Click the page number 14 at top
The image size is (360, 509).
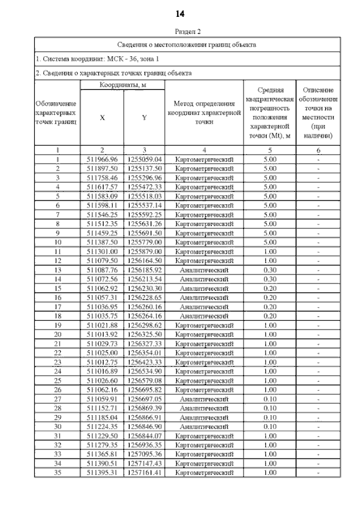(180, 13)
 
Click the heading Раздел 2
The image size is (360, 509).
(188, 32)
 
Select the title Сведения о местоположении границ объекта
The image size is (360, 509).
(187, 44)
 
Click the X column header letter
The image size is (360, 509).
(102, 118)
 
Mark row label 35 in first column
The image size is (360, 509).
(57, 472)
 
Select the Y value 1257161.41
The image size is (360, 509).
(145, 472)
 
